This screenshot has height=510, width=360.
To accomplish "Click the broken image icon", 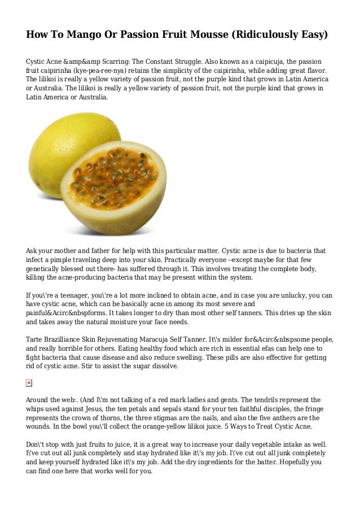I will [29, 383].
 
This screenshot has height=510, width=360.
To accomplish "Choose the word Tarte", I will [36, 340].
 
